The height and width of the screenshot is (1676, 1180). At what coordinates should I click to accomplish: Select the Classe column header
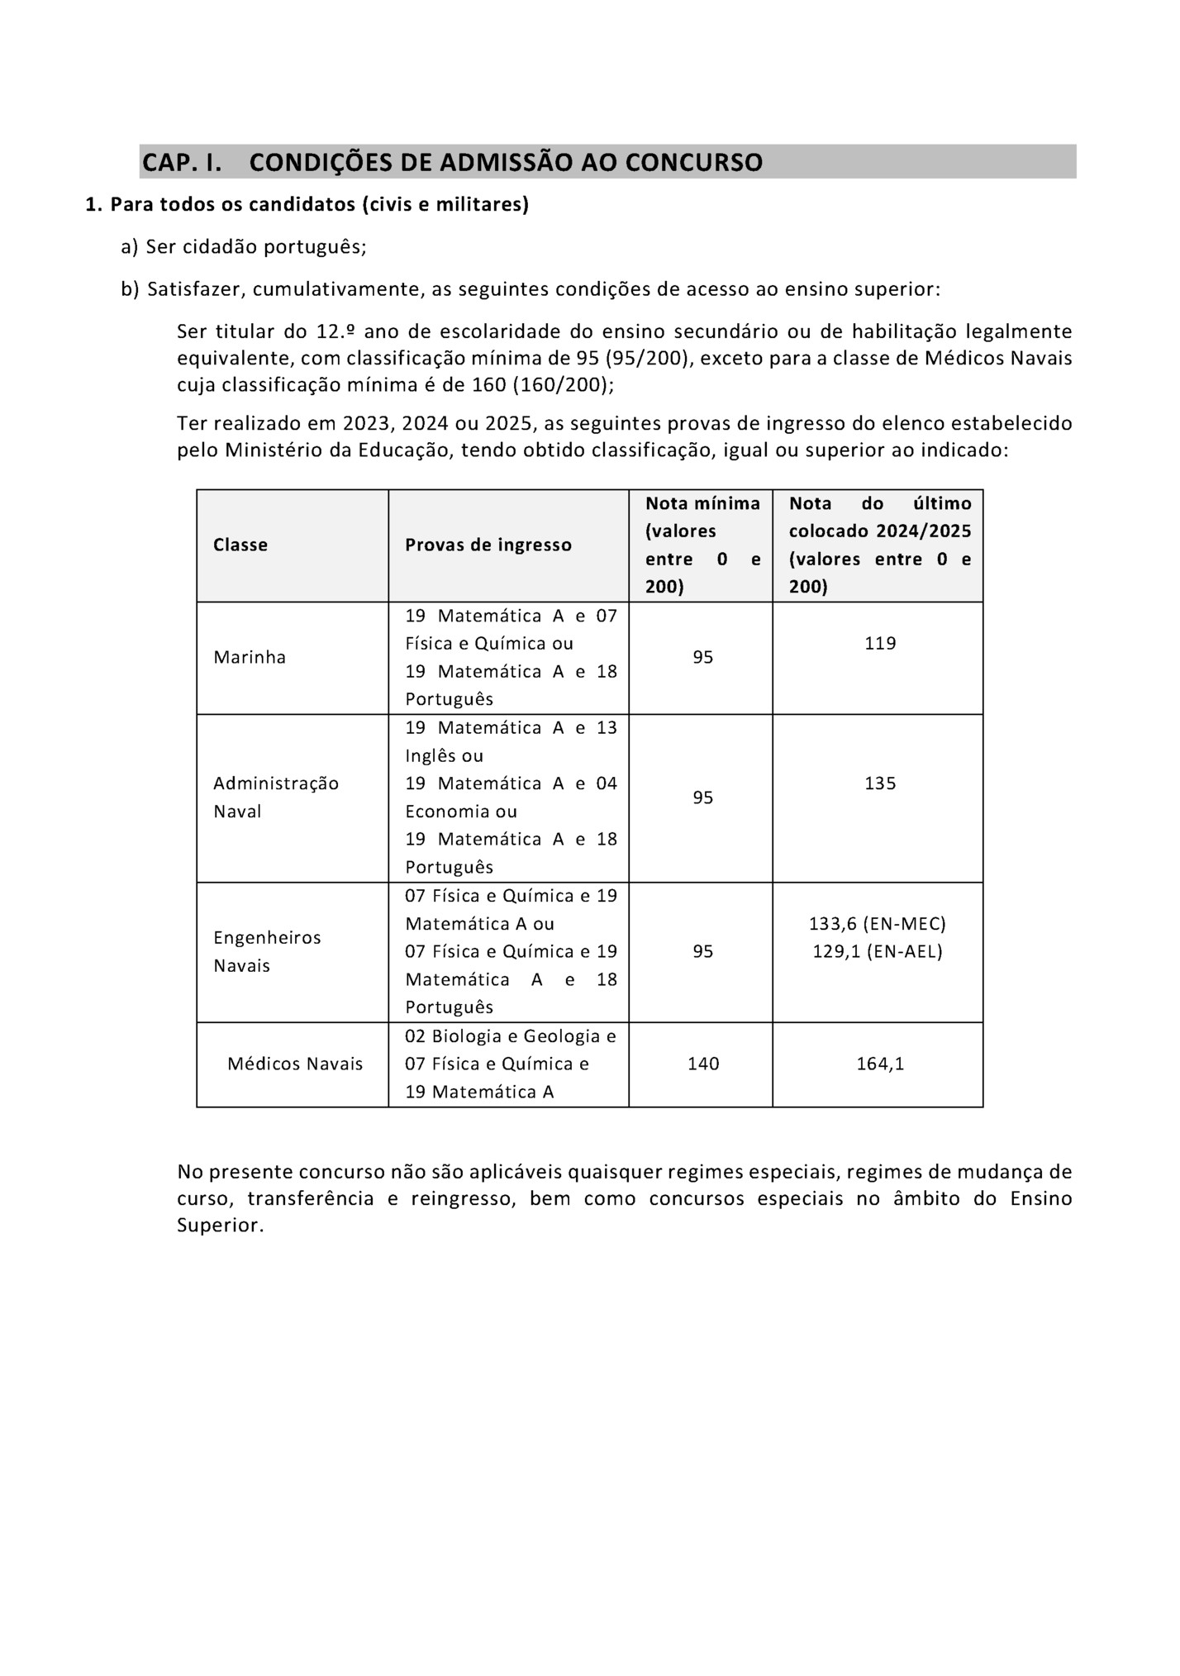click(240, 545)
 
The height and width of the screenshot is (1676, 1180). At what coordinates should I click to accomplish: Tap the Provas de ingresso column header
click(488, 545)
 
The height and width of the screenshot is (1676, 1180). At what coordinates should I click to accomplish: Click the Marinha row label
click(250, 657)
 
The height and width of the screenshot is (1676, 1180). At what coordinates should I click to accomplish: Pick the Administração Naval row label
click(275, 797)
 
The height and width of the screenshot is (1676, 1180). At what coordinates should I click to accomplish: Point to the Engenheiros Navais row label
click(267, 951)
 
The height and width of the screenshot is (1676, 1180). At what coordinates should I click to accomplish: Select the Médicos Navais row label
click(295, 1064)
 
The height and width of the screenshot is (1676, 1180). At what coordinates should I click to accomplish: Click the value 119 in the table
click(880, 643)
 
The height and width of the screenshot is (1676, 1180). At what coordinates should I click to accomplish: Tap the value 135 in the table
click(880, 783)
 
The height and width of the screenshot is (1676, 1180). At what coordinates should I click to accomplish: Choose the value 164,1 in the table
click(880, 1064)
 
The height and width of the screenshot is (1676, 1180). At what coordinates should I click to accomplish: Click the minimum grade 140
click(703, 1064)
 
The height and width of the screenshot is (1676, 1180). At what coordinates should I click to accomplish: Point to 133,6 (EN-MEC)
click(877, 923)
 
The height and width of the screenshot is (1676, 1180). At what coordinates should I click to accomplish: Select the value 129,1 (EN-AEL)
click(877, 951)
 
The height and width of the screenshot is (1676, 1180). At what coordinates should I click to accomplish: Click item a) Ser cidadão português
click(244, 246)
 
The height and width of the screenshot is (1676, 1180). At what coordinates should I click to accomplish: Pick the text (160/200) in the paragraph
click(563, 385)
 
